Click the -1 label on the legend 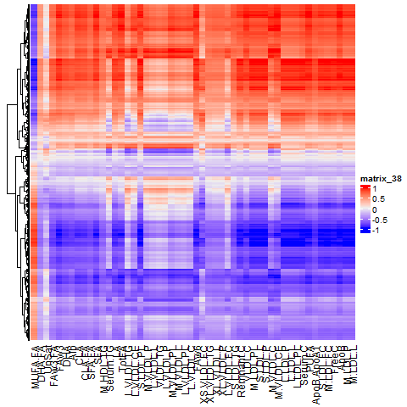tap(377, 229)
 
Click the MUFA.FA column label tap(36, 366)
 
